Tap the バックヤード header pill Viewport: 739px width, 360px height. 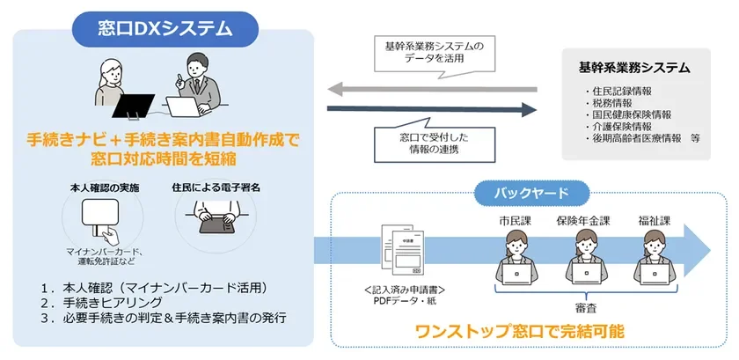pyautogui.click(x=522, y=191)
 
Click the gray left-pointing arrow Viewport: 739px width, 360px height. pyautogui.click(x=431, y=88)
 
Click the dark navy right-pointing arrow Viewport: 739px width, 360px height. pyautogui.click(x=431, y=109)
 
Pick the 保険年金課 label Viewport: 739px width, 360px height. pyautogui.click(x=584, y=220)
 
